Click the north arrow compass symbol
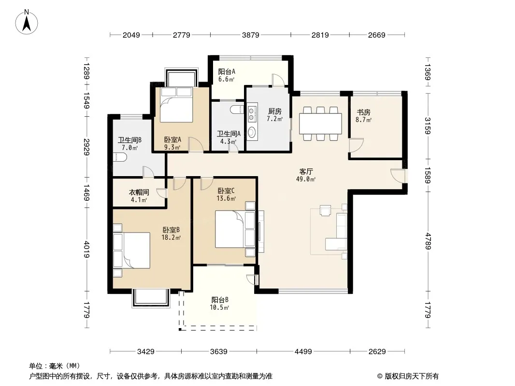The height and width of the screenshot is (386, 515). tap(27, 22)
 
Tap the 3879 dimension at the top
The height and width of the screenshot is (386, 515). tap(251, 35)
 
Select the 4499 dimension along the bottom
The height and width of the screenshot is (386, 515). tap(303, 352)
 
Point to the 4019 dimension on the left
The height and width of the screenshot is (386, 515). tap(86, 249)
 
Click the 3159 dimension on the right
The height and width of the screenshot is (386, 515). tap(427, 126)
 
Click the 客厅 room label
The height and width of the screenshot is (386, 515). tap(306, 171)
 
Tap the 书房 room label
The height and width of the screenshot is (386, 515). tap(364, 112)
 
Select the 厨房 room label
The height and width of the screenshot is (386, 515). tap(274, 111)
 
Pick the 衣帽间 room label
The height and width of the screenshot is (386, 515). tap(139, 192)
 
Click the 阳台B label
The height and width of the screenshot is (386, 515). tap(220, 300)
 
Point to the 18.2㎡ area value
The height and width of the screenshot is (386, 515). tap(171, 238)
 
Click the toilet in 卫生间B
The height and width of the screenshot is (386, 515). tap(119, 157)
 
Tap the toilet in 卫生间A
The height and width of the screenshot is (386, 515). tap(237, 110)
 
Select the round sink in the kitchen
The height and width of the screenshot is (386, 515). tap(252, 132)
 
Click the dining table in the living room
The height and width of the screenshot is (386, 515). tap(320, 124)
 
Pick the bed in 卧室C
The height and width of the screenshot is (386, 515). tap(235, 229)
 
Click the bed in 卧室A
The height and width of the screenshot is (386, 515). tap(176, 105)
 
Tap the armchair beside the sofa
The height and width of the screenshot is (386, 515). tap(326, 210)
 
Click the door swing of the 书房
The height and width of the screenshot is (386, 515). tap(356, 145)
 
